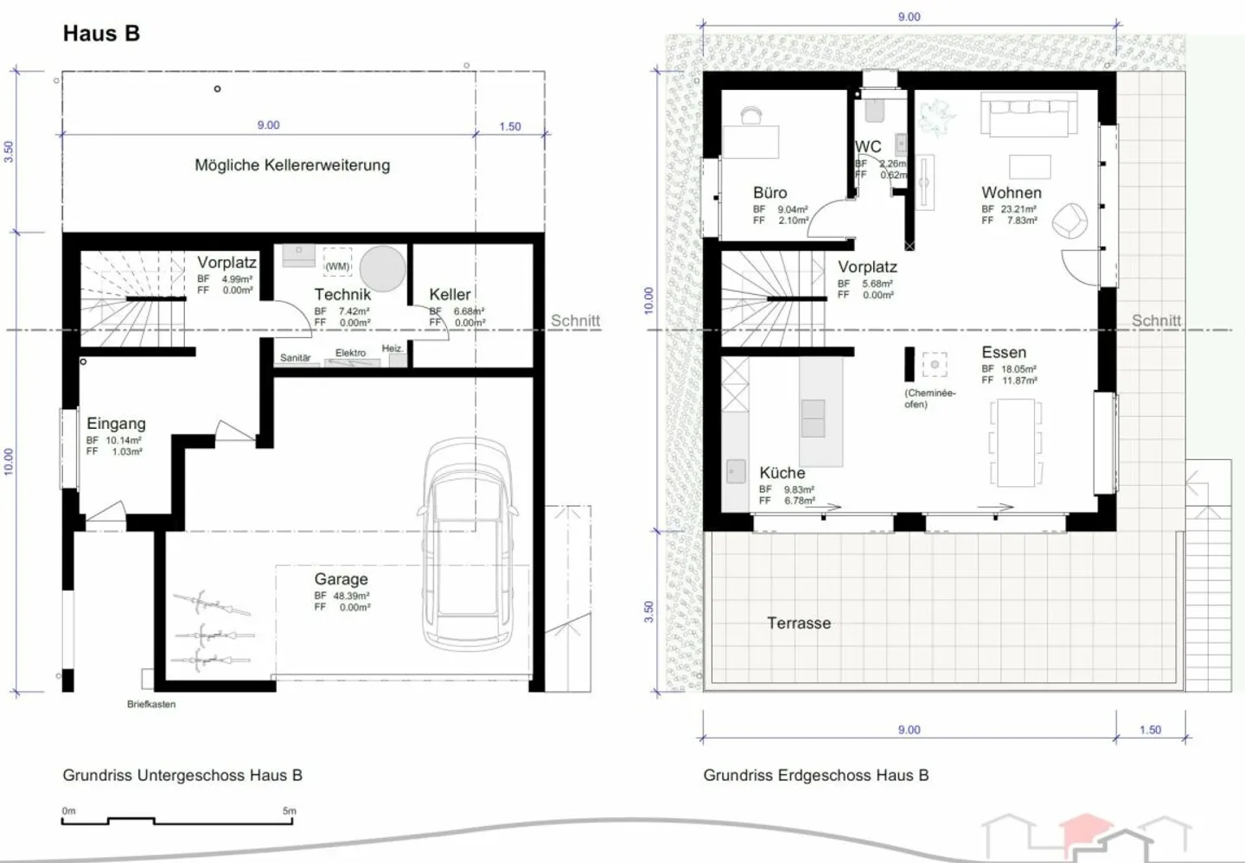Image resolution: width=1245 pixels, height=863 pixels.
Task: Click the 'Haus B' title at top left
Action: tap(101, 34)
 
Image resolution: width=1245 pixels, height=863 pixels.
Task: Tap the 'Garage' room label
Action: tap(341, 579)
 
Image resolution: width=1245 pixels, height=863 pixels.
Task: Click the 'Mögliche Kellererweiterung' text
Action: tap(292, 165)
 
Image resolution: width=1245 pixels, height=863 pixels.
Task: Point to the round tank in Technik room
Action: tap(382, 269)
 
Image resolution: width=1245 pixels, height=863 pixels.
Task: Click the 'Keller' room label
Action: tap(450, 295)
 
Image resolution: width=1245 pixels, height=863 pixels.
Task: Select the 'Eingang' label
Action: tap(116, 424)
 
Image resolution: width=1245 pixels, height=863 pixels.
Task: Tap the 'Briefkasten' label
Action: tap(151, 705)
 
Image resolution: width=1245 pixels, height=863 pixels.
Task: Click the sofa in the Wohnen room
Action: tap(1029, 116)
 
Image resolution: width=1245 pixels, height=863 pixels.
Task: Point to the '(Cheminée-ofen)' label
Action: tap(929, 399)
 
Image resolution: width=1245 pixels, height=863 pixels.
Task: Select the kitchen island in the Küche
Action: tap(820, 412)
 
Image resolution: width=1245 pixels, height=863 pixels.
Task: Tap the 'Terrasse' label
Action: tap(799, 623)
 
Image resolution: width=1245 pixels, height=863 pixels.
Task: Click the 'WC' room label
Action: tap(868, 147)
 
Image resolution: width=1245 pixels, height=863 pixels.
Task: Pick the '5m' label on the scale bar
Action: tap(289, 811)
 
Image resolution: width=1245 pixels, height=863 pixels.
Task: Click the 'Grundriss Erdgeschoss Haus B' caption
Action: tap(815, 776)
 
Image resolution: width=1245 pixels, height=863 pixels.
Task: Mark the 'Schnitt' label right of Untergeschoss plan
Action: tap(575, 321)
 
